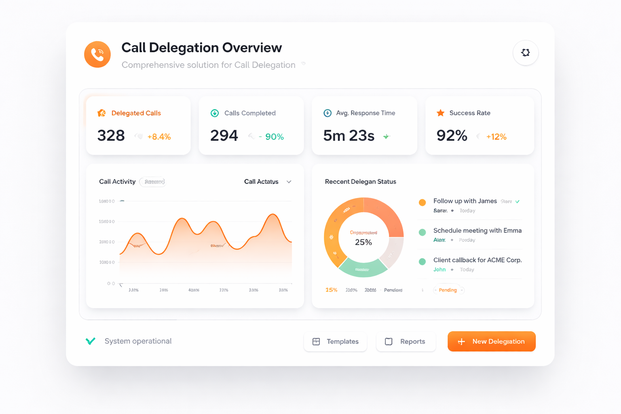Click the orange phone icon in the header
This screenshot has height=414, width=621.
pos(97,54)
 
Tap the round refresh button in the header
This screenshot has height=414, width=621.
pos(525,53)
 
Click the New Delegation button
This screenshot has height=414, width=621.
pos(491,341)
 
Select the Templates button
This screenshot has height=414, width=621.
pos(335,342)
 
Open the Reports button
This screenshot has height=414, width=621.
pos(406,342)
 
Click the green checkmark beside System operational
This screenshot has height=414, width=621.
pos(91,341)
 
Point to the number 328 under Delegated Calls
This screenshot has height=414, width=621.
pos(111,136)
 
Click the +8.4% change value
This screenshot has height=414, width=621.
pos(159,137)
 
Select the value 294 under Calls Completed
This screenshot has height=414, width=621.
pos(224,136)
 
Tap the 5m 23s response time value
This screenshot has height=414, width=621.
pos(349,136)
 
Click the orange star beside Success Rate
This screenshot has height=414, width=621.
pos(440,113)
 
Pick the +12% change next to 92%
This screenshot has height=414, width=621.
pos(496,137)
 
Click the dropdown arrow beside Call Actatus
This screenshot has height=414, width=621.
pos(289,182)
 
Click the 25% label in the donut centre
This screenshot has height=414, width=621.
pos(363,242)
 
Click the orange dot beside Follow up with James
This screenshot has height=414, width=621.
pos(422,203)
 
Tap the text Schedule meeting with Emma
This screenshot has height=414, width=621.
pos(477,230)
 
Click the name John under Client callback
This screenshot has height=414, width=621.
pos(439,270)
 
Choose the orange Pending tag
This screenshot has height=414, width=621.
pos(448,290)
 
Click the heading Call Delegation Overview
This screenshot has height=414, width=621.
pos(201,48)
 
